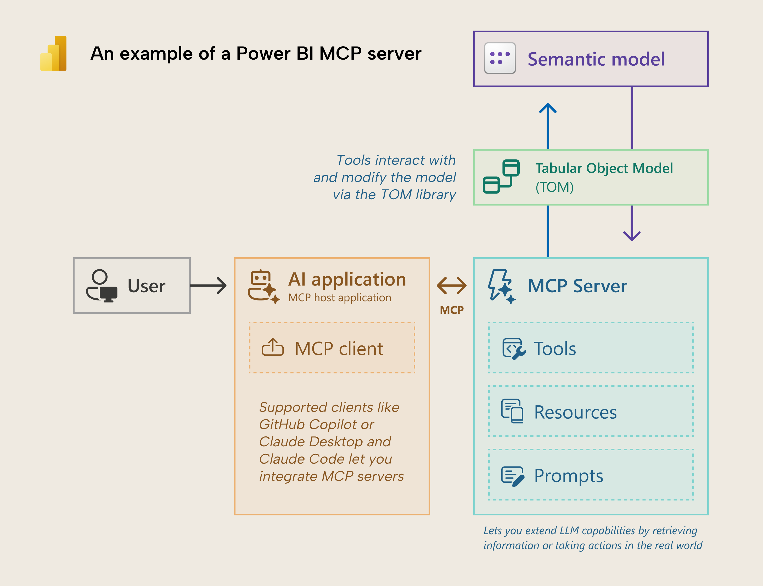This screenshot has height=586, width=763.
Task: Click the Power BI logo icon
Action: point(53,53)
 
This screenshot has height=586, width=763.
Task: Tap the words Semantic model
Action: point(596,59)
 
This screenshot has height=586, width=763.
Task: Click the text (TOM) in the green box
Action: point(554,187)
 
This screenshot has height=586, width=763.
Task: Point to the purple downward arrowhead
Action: point(631,236)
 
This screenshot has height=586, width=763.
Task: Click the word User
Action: point(146,286)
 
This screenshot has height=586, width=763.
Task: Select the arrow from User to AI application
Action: point(208,286)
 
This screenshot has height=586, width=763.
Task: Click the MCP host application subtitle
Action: point(339,298)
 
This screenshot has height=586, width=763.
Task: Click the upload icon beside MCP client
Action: point(273,348)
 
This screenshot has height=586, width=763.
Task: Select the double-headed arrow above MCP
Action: point(451,285)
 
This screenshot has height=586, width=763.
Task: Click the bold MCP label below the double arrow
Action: point(451,310)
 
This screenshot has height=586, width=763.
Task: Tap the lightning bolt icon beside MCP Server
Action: point(501,286)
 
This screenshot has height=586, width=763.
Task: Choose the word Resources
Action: point(575,412)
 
